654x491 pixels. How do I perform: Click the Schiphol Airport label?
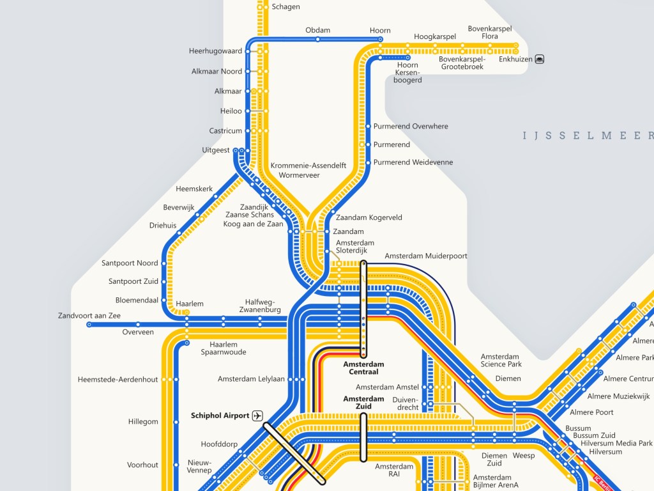[x=220, y=416]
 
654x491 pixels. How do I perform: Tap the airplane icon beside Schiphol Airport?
[x=257, y=416]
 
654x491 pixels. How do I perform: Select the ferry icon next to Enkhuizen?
[x=540, y=59]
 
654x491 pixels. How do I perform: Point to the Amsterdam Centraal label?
[x=361, y=368]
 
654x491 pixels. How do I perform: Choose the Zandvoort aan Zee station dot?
[x=89, y=325]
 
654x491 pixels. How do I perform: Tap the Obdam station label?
[x=317, y=30]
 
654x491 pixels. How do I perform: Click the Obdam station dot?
[x=317, y=40]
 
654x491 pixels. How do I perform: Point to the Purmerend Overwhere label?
[x=411, y=127]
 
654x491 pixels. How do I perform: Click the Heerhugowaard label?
[x=215, y=51]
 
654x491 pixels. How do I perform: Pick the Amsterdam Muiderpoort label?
[x=425, y=256]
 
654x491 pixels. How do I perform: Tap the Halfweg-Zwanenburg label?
[x=263, y=306]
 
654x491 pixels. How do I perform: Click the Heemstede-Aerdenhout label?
[x=118, y=380]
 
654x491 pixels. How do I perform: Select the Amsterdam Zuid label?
[x=363, y=403]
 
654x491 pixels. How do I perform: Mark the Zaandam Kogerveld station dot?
[x=333, y=213]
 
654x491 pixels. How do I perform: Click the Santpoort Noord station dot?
[x=164, y=263]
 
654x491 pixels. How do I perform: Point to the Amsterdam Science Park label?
[x=501, y=360]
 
